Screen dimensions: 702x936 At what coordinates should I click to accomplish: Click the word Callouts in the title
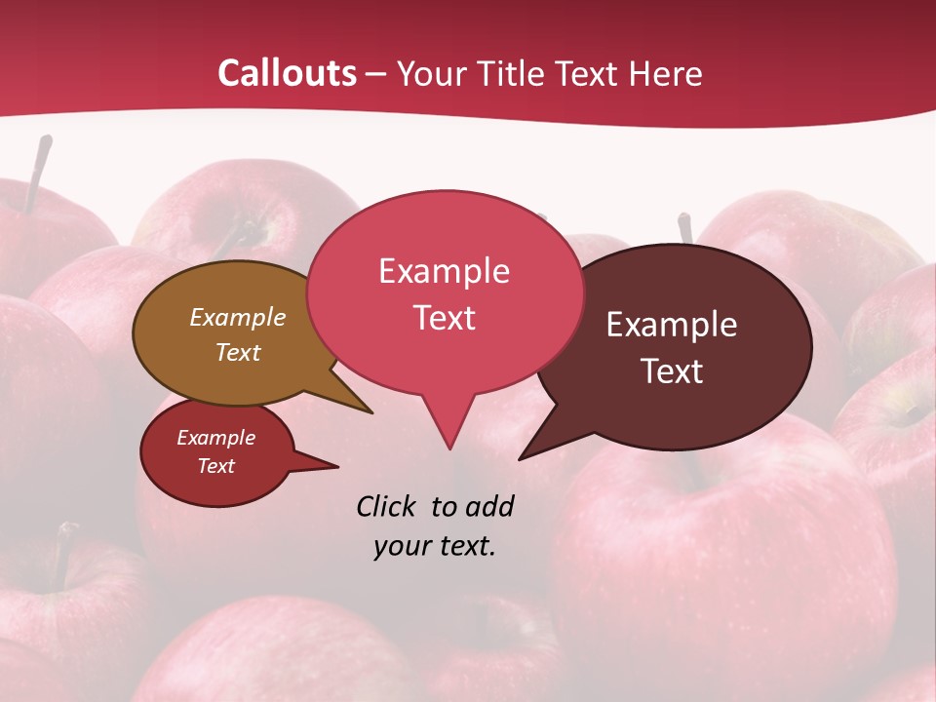pos(287,73)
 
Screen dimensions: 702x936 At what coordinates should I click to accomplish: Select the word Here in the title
pos(665,74)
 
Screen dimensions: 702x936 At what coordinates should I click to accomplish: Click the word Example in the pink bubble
pos(444,271)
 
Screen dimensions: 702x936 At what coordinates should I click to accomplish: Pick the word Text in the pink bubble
pos(444,318)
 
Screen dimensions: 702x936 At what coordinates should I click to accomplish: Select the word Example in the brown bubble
pos(237,318)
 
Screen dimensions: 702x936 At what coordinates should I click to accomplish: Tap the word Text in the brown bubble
pos(237,352)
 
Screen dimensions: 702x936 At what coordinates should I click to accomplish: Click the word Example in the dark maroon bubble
pos(672,325)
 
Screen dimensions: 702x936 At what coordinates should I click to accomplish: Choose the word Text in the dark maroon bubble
pos(672,371)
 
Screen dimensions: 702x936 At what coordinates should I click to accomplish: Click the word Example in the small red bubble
pos(215,438)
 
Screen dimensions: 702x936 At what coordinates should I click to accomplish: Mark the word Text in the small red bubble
pos(215,466)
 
